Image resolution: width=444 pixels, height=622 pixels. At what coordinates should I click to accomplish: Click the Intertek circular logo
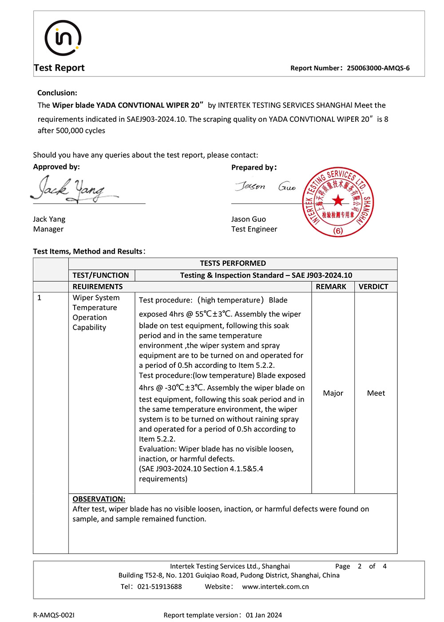point(63,38)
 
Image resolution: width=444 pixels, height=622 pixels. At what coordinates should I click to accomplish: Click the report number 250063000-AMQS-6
point(378,68)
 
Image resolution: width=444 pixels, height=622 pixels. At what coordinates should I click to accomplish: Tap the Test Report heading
point(59,68)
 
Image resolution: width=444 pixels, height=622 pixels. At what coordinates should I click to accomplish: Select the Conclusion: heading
point(57,93)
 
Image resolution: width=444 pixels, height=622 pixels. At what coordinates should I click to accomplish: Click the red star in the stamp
point(338,200)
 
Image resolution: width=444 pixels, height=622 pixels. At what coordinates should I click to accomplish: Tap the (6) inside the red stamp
point(338,231)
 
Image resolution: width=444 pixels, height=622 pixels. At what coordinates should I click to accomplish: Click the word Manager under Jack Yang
point(48,229)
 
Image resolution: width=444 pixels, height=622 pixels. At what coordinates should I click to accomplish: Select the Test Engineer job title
point(254,229)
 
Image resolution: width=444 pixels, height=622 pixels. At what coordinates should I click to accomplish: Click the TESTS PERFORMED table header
point(233,263)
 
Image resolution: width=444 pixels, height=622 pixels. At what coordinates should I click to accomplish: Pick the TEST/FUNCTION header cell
point(101,275)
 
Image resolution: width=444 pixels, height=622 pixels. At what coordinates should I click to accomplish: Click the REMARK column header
point(331,287)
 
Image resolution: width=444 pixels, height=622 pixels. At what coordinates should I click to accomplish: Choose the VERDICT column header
point(373,287)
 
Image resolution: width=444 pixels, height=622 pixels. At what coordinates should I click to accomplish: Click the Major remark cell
point(333,393)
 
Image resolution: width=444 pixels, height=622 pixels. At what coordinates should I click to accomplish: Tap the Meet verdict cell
point(376,393)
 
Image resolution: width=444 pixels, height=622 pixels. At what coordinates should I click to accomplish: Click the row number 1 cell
point(40,298)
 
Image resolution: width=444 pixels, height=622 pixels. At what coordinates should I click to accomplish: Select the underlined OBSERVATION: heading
point(99,499)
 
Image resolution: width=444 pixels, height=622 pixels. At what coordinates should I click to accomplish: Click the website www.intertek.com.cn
point(275,586)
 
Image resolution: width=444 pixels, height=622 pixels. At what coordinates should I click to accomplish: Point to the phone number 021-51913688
point(159,586)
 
